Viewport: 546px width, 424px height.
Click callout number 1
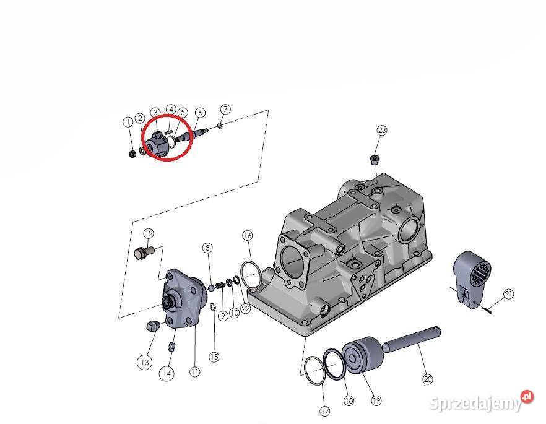(x=128, y=122)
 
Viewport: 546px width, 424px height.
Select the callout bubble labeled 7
(x=225, y=110)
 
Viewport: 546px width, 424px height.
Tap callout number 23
(x=382, y=131)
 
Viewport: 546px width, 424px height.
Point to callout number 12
(x=149, y=233)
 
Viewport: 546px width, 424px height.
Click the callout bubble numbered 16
(x=247, y=236)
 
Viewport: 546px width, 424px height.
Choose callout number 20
(x=427, y=379)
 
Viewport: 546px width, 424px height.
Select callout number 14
(x=166, y=373)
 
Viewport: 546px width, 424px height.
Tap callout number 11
(x=195, y=372)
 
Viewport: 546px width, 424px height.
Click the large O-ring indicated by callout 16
(x=249, y=275)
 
